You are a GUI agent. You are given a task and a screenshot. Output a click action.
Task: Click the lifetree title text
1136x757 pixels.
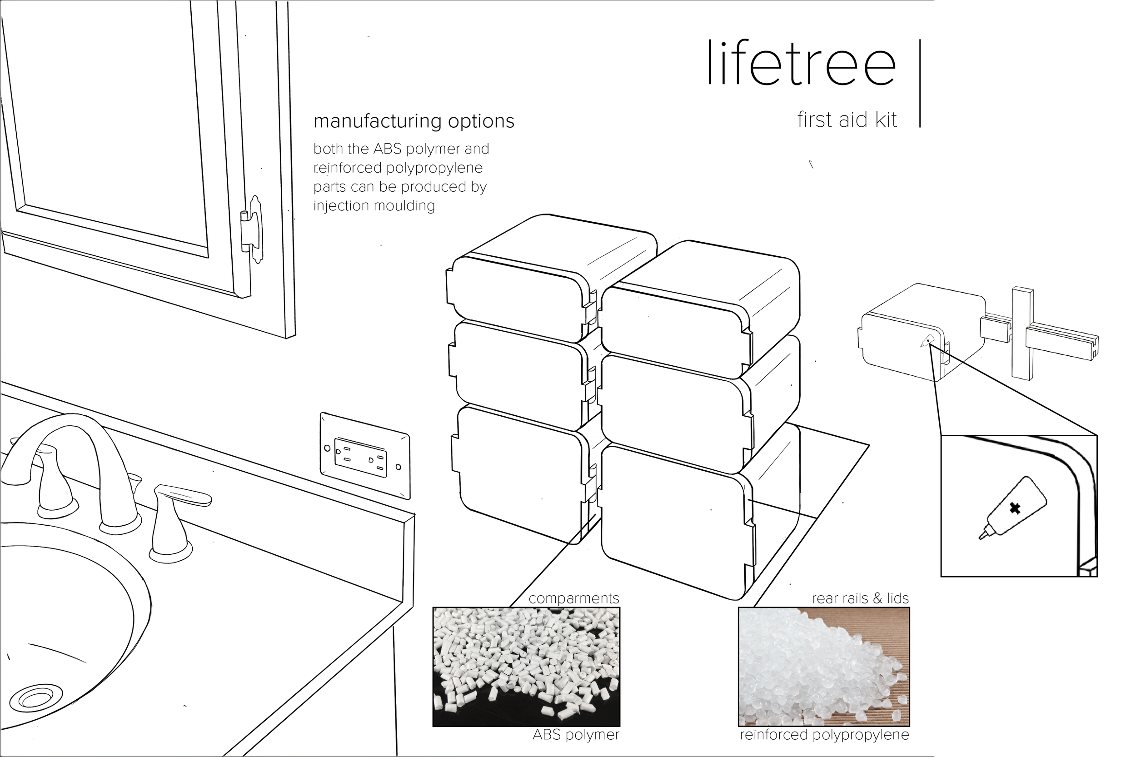[801, 64]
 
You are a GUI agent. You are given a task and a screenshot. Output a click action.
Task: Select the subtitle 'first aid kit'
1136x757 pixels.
[847, 120]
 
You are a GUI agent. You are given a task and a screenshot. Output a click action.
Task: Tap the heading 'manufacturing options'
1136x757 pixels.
[414, 121]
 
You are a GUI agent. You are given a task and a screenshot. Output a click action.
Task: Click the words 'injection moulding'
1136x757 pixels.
[374, 206]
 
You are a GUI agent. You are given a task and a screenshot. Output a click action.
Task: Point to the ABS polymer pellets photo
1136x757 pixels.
[526, 667]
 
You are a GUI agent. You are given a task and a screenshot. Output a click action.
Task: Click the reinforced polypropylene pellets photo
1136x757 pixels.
[824, 667]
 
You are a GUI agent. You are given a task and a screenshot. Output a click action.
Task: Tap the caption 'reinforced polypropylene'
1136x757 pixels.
[824, 734]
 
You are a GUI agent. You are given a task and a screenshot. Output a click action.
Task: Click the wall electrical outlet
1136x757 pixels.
[365, 456]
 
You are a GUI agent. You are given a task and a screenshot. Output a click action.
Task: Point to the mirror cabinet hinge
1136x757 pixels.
[252, 229]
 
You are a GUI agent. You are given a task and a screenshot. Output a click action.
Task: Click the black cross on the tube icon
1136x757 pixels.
[1015, 508]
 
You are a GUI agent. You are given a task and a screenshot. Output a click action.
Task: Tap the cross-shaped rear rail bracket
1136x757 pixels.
[1022, 333]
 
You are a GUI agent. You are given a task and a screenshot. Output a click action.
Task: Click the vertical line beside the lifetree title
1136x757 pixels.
[920, 83]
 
